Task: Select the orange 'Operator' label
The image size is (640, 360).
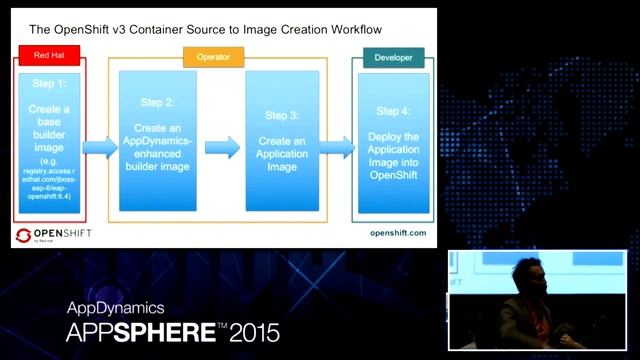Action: (x=207, y=57)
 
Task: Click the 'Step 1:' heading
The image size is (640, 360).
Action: (x=49, y=85)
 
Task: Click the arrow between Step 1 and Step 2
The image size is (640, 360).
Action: (x=99, y=148)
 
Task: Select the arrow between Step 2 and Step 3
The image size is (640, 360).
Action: (x=223, y=147)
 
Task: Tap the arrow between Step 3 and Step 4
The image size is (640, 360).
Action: (x=337, y=148)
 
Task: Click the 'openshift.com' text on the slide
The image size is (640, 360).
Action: (x=398, y=232)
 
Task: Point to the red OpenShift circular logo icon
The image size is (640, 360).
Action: (x=23, y=236)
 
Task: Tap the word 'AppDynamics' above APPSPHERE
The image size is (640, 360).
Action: (x=116, y=308)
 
